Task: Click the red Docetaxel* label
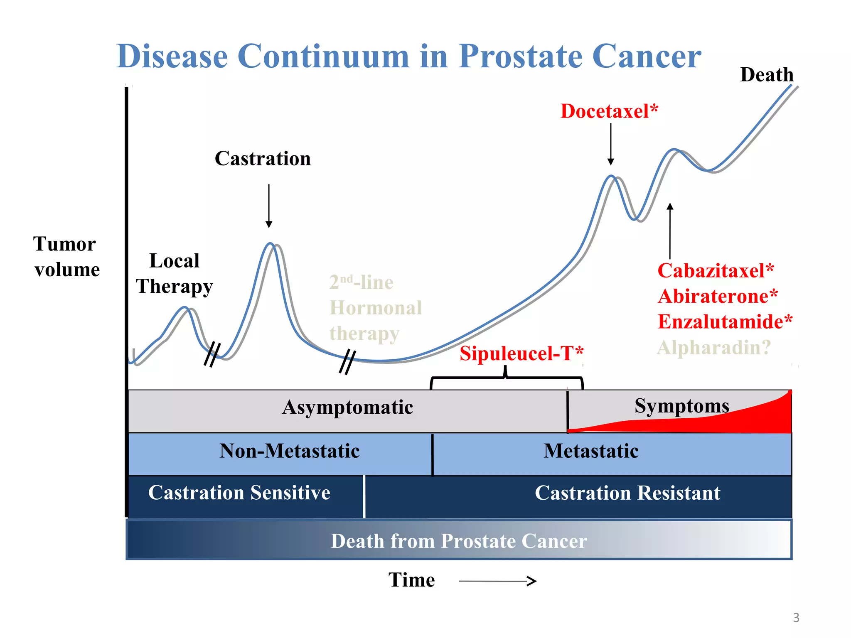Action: (x=609, y=111)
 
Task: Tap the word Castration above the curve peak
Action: (x=263, y=159)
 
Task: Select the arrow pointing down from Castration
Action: (x=269, y=206)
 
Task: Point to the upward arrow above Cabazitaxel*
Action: (x=670, y=231)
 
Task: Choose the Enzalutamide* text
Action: (x=725, y=322)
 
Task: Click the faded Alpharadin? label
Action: (x=714, y=348)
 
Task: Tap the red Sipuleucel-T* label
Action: (x=521, y=354)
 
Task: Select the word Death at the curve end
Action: (x=767, y=75)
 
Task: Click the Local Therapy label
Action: (x=175, y=274)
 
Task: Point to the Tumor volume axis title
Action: (x=66, y=257)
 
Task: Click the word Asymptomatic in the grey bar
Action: (x=347, y=407)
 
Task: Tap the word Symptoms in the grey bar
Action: (x=681, y=406)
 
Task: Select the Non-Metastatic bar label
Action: (x=289, y=451)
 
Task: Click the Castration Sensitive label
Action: (x=239, y=493)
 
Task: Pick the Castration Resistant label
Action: (x=627, y=493)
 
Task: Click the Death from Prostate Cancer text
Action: (x=458, y=541)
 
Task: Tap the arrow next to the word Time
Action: (x=497, y=581)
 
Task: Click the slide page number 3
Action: (x=796, y=618)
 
